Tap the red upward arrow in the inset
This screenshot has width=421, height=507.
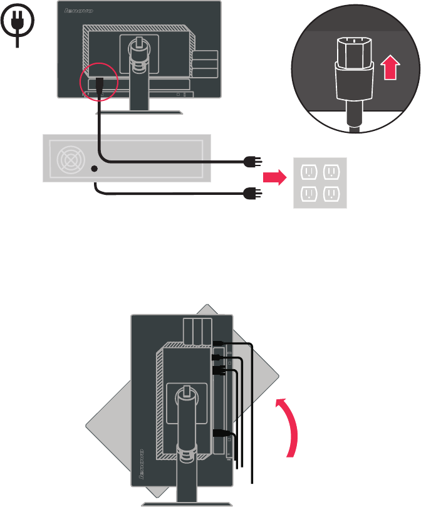[390, 66]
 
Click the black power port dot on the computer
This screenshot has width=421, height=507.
[95, 168]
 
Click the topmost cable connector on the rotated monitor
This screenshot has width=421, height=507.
[219, 342]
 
